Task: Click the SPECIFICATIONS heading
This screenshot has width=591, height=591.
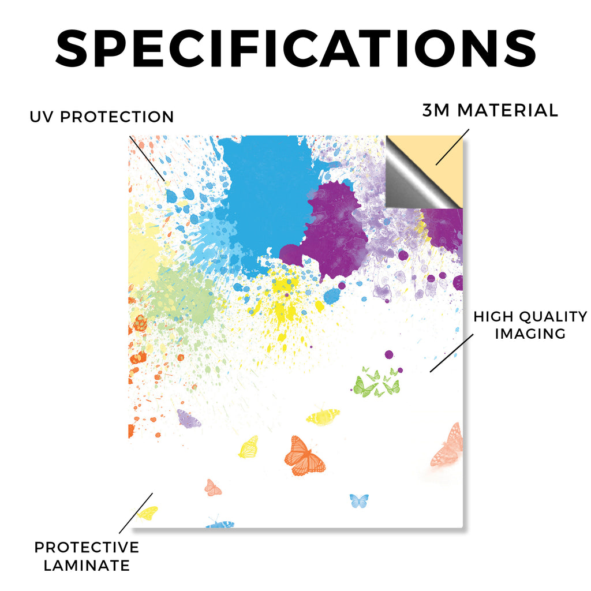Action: click(x=296, y=48)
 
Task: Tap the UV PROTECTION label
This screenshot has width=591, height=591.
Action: click(x=102, y=117)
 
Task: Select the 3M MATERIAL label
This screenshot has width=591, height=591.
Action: click(x=490, y=110)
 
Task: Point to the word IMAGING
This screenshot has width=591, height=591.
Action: click(x=530, y=334)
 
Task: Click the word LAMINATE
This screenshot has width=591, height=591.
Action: click(x=87, y=566)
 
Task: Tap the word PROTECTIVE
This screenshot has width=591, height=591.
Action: click(x=87, y=547)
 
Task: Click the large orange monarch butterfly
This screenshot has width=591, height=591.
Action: click(x=305, y=456)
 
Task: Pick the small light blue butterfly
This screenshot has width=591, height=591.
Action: click(x=359, y=501)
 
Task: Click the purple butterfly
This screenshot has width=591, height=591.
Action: click(x=189, y=418)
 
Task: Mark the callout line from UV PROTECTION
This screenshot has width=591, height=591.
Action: click(x=147, y=159)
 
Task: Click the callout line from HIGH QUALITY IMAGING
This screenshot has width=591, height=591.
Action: click(x=451, y=353)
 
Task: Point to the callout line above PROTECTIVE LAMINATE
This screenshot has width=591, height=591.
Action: click(x=136, y=513)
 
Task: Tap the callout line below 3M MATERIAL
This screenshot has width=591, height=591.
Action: click(x=452, y=147)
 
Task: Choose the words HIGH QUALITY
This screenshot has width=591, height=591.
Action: click(x=530, y=317)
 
